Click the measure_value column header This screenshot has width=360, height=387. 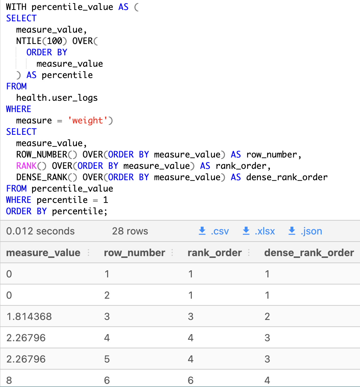point(43,253)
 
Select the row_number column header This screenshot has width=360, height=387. point(134,253)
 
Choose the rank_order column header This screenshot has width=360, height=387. point(215,253)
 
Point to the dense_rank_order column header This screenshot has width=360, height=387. point(309,253)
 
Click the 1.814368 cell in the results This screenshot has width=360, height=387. point(29,316)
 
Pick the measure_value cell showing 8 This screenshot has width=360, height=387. point(9,380)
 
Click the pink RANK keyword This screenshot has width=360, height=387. point(26,166)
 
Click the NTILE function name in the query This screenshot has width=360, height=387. point(29,41)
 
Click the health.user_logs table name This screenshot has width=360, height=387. point(57,98)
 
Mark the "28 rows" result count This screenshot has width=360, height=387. point(130,231)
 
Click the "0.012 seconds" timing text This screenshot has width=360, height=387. point(40,231)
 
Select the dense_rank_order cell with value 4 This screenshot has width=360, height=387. point(267,380)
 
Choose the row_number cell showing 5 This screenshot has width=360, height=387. point(107,359)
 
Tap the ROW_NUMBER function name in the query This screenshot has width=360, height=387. point(41,154)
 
